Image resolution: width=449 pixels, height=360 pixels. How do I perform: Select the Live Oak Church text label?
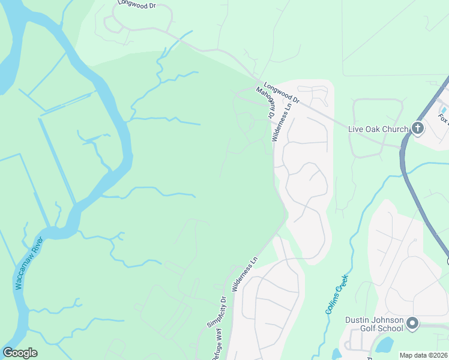[378, 128]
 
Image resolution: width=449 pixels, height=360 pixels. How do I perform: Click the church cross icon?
[418, 128]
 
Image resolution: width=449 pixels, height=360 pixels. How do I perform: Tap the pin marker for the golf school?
[412, 324]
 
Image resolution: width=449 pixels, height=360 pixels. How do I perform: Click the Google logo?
[20, 353]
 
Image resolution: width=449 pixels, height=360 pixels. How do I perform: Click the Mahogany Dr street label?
[265, 101]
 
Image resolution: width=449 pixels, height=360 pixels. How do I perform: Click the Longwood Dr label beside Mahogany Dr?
[282, 94]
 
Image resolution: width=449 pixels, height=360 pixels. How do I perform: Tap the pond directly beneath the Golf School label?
[384, 345]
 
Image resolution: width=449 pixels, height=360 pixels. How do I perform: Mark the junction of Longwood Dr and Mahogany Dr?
[259, 83]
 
